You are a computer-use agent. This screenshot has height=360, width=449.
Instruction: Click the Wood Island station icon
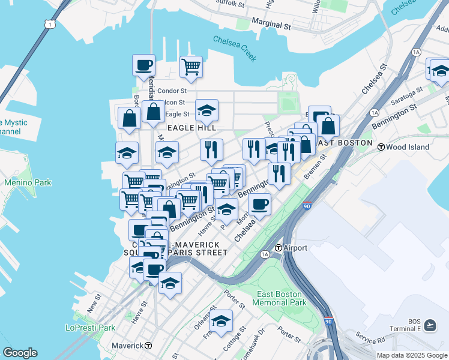coord(381,147)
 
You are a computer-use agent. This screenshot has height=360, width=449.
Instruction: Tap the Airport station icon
coord(279,248)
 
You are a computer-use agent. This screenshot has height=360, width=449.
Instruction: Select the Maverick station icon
coord(148,346)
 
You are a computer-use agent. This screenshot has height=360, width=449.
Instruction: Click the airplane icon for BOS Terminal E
coord(430,325)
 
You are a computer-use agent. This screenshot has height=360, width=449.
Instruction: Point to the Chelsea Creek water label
coord(235,49)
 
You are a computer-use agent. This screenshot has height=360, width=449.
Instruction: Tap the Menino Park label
coord(28,182)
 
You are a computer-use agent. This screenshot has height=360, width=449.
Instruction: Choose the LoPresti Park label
coord(89,328)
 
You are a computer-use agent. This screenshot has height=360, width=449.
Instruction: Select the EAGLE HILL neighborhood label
coord(191,128)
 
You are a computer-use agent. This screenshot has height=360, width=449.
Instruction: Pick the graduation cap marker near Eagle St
coord(206,109)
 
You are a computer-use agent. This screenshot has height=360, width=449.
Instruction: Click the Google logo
coord(20,353)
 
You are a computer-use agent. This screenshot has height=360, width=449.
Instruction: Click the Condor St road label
coord(172,91)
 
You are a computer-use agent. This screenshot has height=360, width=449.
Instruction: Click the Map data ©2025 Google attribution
coord(412,355)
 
